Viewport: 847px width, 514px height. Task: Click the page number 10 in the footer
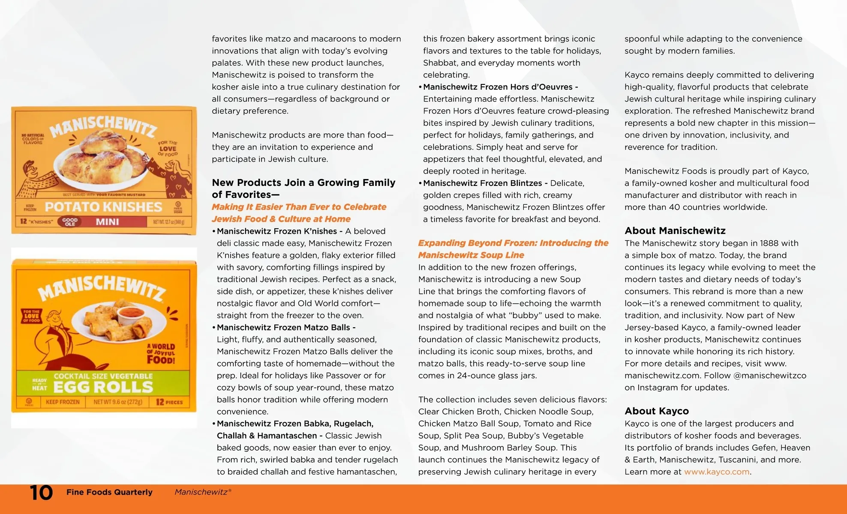[41, 493]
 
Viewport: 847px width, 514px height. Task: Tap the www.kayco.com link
[717, 472]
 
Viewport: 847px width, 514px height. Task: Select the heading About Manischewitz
[675, 230]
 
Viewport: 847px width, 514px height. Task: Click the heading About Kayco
[656, 411]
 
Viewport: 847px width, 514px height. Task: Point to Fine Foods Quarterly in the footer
[109, 492]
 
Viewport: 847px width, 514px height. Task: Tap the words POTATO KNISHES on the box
[103, 207]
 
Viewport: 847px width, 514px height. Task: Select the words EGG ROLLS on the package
[103, 387]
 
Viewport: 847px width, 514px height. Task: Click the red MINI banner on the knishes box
[107, 222]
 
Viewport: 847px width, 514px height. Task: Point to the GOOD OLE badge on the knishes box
[70, 222]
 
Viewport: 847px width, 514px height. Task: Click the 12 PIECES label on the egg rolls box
[169, 402]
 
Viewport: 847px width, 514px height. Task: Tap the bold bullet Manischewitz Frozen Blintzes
[482, 183]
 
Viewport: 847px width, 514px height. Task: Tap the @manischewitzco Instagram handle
[769, 375]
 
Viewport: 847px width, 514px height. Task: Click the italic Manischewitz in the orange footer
[201, 492]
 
